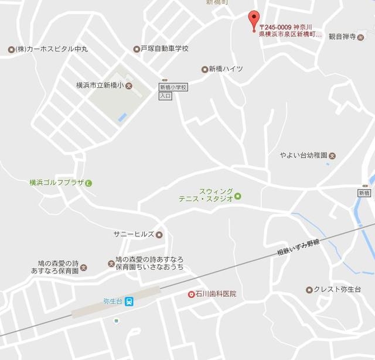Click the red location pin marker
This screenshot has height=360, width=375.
254,19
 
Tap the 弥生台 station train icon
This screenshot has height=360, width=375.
129,301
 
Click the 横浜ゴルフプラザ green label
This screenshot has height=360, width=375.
57,183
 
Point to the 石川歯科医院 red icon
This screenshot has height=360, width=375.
191,294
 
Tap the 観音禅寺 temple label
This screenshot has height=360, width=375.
342,36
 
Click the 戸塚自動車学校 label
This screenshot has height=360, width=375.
164,49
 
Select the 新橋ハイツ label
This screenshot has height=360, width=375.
226,69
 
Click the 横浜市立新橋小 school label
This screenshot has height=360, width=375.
100,85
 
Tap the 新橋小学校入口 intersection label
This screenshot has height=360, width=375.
166,91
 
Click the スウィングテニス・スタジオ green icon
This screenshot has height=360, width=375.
238,196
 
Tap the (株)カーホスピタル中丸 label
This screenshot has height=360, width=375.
52,49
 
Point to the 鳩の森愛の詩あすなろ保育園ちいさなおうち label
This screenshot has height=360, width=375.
149,263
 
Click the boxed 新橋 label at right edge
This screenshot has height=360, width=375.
364,193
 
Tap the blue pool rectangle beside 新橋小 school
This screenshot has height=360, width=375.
122,117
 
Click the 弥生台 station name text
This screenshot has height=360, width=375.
112,301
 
